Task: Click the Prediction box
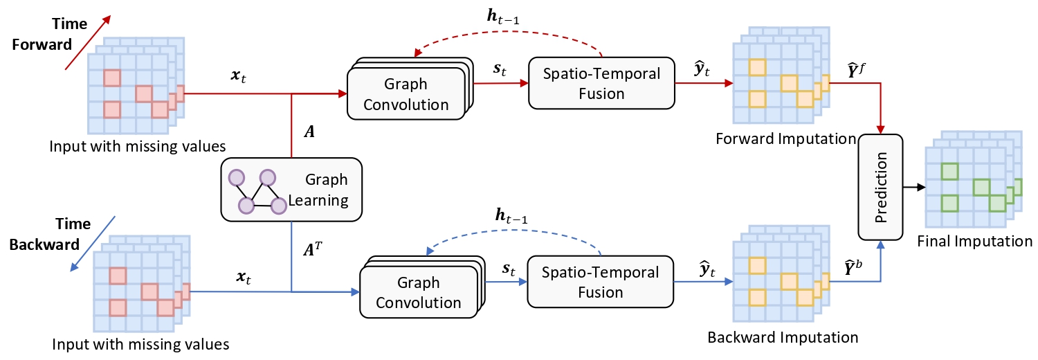(x=881, y=187)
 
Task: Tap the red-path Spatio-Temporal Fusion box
(x=599, y=82)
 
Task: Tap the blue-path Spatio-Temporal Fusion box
(x=599, y=282)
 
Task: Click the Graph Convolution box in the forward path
(x=406, y=95)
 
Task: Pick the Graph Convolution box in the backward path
(x=419, y=293)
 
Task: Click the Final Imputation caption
(x=974, y=242)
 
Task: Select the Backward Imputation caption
(x=783, y=338)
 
